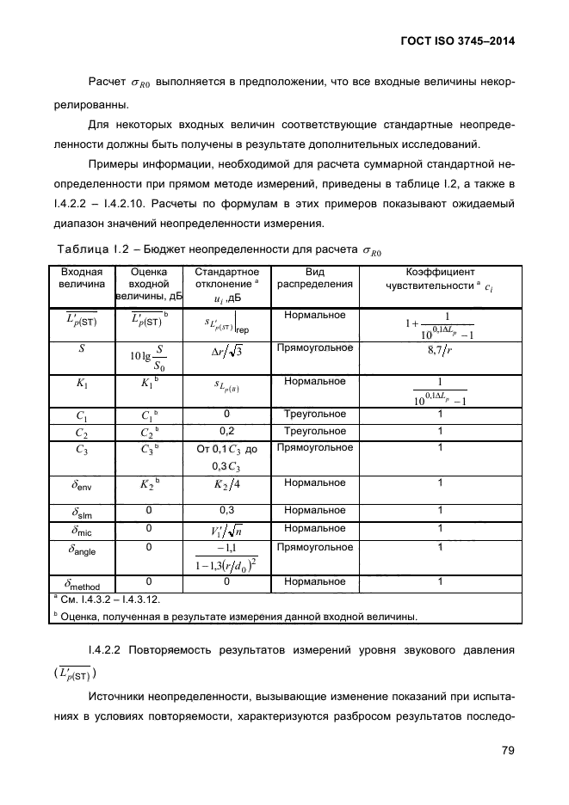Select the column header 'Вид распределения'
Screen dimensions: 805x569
point(313,278)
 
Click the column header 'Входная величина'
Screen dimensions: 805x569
point(82,278)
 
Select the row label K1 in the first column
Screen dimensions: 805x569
point(82,382)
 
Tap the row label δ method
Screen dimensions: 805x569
point(82,585)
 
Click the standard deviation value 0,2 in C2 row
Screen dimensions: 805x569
point(227,431)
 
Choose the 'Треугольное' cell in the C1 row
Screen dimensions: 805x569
point(314,414)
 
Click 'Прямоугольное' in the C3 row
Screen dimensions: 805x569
point(314,448)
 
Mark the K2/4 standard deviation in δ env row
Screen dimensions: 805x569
point(227,484)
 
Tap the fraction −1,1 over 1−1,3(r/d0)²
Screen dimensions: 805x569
point(227,556)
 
